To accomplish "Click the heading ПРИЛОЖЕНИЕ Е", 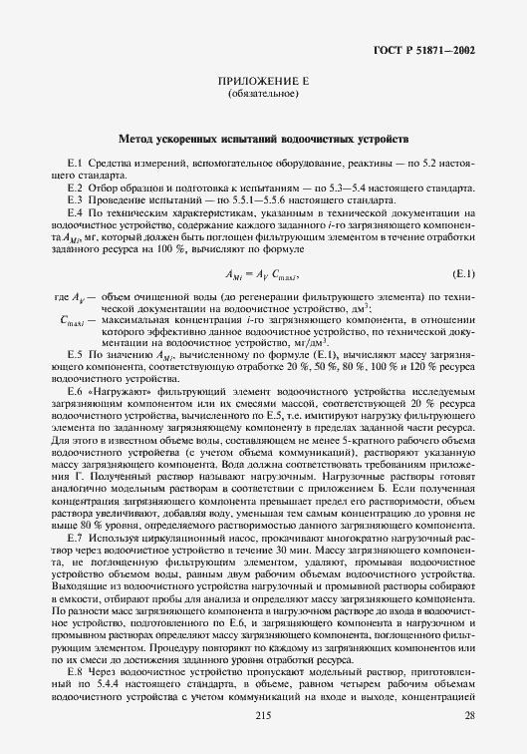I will click(x=263, y=82).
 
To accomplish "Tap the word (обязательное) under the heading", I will click(x=263, y=95).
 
